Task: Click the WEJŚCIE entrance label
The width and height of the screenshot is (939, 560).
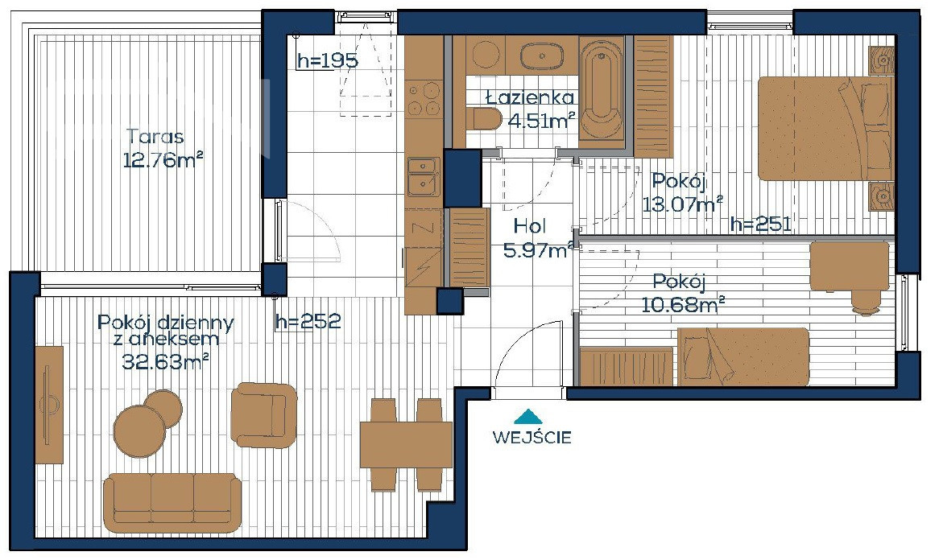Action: click(532, 437)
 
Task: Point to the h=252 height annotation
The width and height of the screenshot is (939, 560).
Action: click(308, 321)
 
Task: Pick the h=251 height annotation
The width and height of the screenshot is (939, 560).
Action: click(761, 224)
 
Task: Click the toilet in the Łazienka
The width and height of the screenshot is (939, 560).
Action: click(485, 119)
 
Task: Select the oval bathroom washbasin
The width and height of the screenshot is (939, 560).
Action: click(541, 57)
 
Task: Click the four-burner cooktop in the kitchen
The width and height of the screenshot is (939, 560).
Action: click(424, 99)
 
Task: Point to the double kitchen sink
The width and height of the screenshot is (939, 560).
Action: click(424, 176)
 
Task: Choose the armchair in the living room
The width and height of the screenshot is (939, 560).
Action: click(264, 415)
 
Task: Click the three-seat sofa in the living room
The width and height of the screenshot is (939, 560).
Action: click(172, 503)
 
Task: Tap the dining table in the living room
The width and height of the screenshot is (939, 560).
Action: click(406, 445)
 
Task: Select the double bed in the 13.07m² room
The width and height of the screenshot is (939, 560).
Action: click(825, 128)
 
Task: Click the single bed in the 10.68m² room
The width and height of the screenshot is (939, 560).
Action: click(743, 356)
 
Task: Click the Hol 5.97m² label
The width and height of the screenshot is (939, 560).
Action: click(536, 238)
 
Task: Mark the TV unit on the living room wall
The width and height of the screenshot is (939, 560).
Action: click(49, 405)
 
